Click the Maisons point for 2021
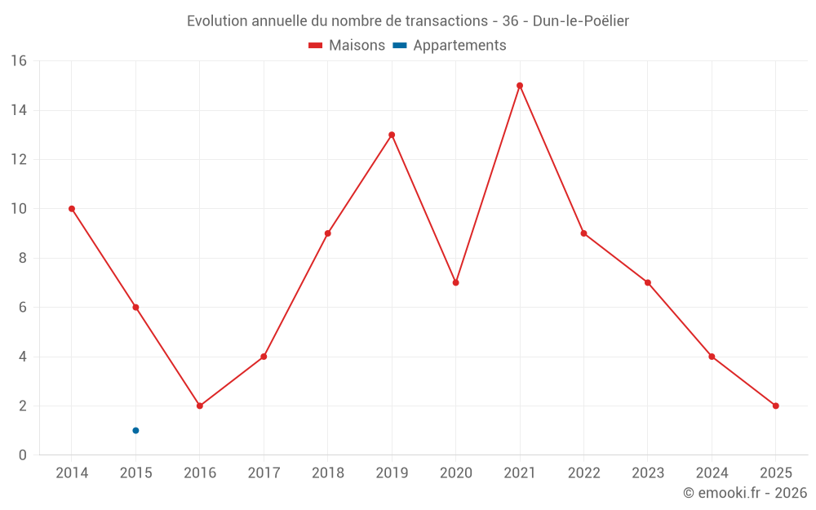(520, 86)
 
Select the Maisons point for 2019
(392, 135)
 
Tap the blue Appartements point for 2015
(135, 430)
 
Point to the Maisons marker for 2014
(72, 209)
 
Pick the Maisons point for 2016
(200, 406)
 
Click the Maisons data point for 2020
(455, 282)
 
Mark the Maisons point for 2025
(775, 406)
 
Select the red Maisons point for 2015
(135, 307)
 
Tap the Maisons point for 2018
(328, 233)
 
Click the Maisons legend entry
(347, 46)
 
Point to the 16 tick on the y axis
(19, 61)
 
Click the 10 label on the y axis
(19, 209)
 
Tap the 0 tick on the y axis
(23, 455)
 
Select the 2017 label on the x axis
(264, 473)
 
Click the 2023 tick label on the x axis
(648, 473)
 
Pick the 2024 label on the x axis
(712, 473)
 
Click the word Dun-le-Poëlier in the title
(580, 20)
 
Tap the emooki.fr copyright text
(744, 493)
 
